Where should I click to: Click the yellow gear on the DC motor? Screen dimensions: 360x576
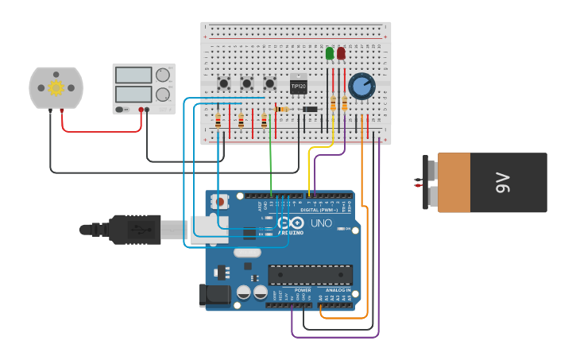56,87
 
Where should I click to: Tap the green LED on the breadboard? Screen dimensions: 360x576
330,53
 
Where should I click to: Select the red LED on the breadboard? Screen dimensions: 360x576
341,53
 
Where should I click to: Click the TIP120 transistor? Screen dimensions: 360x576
298,85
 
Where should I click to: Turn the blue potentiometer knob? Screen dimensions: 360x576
361,87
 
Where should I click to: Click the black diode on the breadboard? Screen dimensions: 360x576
311,109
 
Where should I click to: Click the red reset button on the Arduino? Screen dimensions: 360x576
219,202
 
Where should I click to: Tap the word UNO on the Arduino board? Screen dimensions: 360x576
320,223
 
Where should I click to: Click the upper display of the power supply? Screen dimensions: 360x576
133,75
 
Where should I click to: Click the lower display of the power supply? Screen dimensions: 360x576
133,94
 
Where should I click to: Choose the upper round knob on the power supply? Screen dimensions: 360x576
163,75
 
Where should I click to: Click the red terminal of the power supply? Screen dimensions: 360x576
141,110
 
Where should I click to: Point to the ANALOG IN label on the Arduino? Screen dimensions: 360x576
338,290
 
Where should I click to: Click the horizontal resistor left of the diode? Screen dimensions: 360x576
281,109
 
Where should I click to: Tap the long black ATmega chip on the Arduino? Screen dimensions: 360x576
310,275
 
